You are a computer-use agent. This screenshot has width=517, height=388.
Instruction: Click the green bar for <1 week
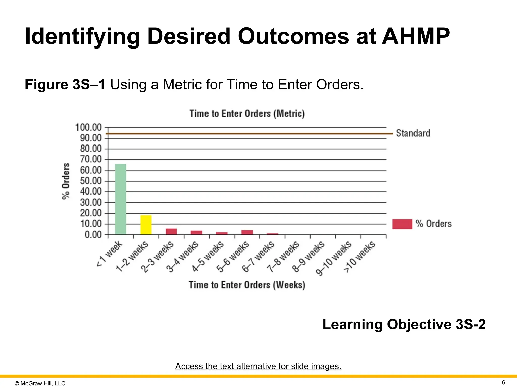pos(121,199)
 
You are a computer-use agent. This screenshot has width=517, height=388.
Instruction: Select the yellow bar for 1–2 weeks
pos(146,225)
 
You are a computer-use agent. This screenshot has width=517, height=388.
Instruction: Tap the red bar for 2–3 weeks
pos(171,231)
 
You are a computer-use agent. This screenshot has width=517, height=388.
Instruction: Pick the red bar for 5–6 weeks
pos(247,232)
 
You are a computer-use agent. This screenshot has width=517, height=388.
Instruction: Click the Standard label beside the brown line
pos(413,133)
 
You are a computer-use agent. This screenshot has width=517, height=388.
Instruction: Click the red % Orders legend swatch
pos(402,224)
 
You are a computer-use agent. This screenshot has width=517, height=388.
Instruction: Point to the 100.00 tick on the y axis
pos(88,127)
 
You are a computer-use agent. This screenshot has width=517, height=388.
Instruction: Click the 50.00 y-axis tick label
pos(91,181)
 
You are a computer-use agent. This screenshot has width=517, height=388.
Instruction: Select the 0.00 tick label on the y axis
pos(93,235)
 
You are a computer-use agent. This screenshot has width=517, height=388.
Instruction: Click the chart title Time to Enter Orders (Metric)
pos(247,114)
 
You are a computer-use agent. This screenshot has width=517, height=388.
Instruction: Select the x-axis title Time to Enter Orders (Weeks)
pos(247,285)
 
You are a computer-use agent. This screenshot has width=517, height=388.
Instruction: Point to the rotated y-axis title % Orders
pos(66,181)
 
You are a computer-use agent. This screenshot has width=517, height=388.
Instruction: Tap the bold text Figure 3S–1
pos(65,84)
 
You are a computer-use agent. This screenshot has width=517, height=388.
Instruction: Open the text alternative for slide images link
pos(258,366)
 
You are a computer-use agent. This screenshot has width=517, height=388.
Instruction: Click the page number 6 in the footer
pos(503,382)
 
